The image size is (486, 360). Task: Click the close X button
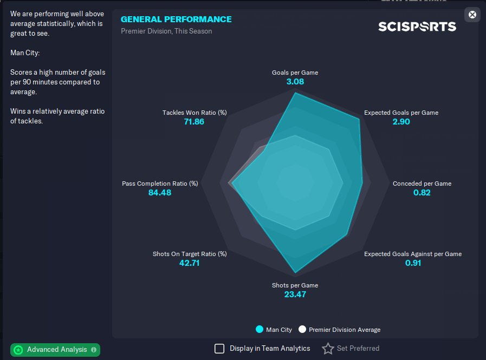pos(472,15)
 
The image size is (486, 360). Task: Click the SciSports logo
pos(417,26)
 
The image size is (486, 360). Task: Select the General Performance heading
pos(176,19)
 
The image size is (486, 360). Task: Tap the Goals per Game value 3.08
pos(295,82)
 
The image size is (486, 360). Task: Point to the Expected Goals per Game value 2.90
pos(401,122)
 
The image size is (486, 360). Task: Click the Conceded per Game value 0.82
pos(422,193)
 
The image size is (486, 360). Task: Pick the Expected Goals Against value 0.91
pos(413,263)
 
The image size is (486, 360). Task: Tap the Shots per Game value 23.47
pos(295,294)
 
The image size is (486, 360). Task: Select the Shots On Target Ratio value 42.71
pos(190,263)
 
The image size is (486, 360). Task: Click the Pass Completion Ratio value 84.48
pos(160,193)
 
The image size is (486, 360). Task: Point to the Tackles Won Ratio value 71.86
pos(194,122)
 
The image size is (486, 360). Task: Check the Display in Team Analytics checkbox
pos(219,349)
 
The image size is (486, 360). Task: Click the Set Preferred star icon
pos(328,349)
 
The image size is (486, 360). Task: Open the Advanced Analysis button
pos(55,350)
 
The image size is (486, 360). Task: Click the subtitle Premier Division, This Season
pos(166,31)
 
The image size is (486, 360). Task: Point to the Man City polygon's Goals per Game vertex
pos(295,93)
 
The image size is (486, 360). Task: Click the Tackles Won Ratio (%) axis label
pos(195,113)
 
